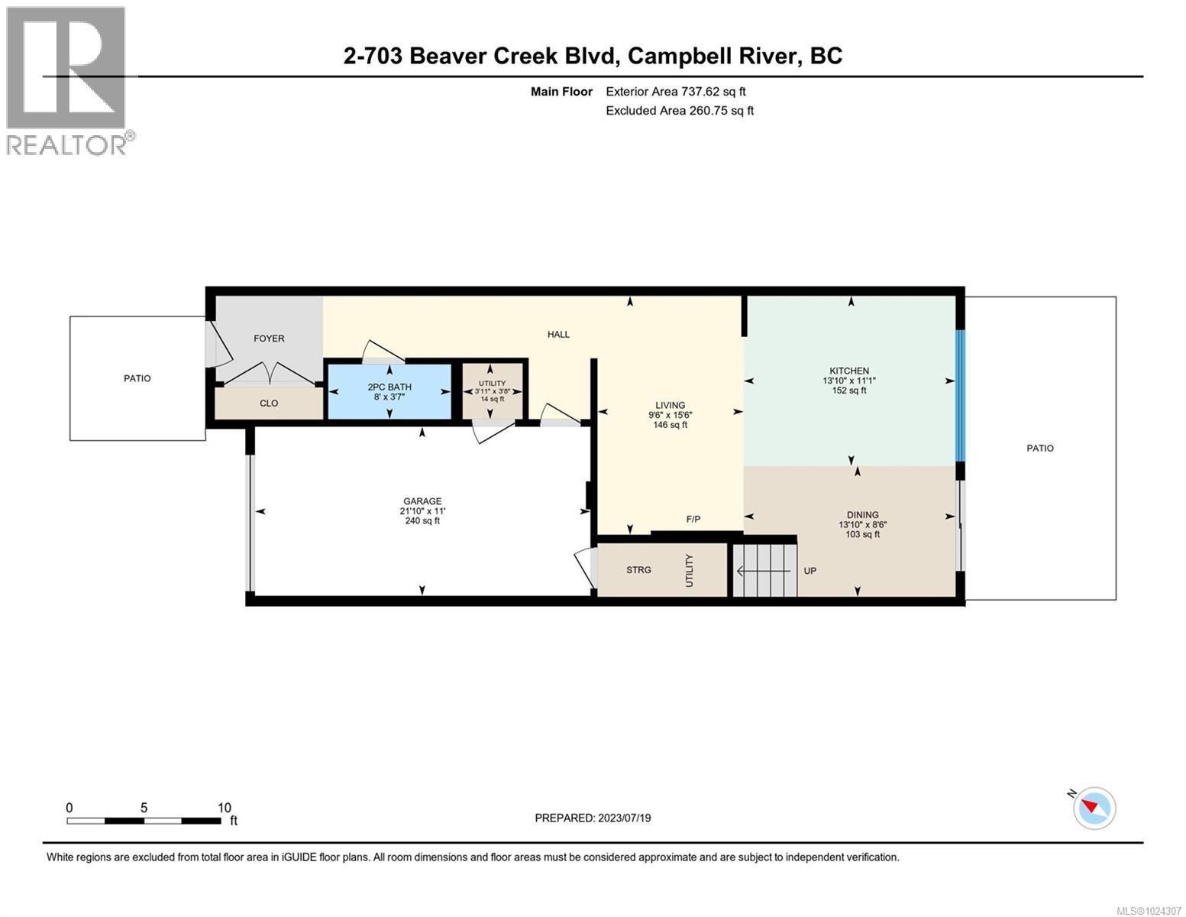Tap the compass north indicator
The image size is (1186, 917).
(x=1094, y=807)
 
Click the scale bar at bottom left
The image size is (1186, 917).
(x=144, y=821)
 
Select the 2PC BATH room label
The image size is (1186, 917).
(x=389, y=387)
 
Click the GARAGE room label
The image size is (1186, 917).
(x=422, y=501)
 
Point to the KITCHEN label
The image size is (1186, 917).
(x=849, y=371)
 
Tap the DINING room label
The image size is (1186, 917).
(x=862, y=515)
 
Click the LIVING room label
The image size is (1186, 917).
(x=670, y=406)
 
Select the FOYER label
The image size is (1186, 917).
(x=269, y=339)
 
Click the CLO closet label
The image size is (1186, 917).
(x=269, y=403)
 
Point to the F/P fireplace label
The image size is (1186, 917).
(x=693, y=520)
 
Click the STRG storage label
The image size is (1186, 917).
(x=638, y=570)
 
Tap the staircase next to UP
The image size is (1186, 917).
(x=764, y=570)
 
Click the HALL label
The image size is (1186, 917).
(x=558, y=335)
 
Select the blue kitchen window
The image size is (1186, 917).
(x=961, y=396)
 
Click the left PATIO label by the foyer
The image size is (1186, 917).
(x=137, y=378)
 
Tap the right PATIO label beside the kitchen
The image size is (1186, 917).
(x=1039, y=449)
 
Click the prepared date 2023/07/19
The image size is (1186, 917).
(x=593, y=818)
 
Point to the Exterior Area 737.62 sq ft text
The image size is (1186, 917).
(x=675, y=92)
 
